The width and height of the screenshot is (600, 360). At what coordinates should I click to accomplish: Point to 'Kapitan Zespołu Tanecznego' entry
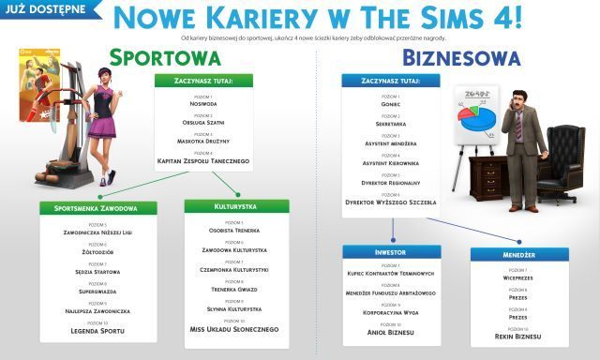point(203,162)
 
